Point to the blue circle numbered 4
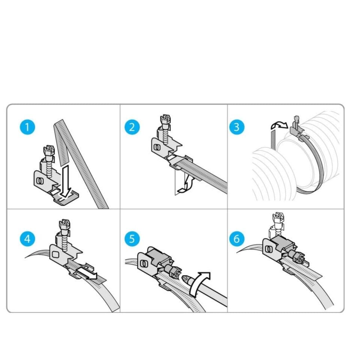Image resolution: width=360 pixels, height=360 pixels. click(27, 238)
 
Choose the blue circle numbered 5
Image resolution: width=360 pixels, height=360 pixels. click(132, 238)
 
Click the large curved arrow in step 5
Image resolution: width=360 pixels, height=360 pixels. click(200, 283)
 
